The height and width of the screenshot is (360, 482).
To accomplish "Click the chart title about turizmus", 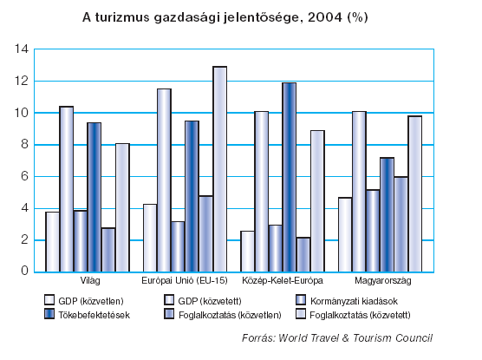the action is (225, 17).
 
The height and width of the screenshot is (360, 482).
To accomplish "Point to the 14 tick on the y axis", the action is (21, 49).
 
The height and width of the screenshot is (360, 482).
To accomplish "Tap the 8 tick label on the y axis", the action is (24, 144).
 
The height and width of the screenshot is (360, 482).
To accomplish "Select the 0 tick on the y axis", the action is (24, 271).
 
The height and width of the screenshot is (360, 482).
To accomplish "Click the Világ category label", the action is (90, 280).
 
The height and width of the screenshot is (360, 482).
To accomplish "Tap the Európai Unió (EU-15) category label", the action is (185, 280).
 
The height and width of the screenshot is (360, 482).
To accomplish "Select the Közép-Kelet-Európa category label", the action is (283, 280).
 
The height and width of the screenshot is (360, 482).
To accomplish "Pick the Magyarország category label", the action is (382, 280).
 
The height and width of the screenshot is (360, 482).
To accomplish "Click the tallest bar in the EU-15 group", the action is (220, 169).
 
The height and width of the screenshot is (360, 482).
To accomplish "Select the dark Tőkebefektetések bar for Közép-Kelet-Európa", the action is (290, 177).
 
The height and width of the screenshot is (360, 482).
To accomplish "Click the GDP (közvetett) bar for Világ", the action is (67, 189).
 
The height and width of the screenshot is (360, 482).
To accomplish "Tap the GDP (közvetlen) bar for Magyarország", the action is (345, 234).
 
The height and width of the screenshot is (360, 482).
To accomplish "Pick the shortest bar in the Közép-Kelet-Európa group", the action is (303, 254).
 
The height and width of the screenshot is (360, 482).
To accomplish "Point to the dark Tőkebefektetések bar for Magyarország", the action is (387, 214).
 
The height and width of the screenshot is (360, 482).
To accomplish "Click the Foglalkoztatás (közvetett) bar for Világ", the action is (122, 207).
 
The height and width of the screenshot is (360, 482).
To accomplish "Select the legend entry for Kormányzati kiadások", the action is (347, 301).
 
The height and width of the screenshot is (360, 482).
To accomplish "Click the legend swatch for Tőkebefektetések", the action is (49, 314).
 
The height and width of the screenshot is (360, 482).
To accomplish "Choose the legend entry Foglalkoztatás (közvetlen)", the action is (223, 315).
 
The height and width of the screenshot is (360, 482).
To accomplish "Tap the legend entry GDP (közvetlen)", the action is (84, 301).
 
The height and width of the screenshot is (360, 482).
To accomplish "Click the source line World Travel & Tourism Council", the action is (337, 337).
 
